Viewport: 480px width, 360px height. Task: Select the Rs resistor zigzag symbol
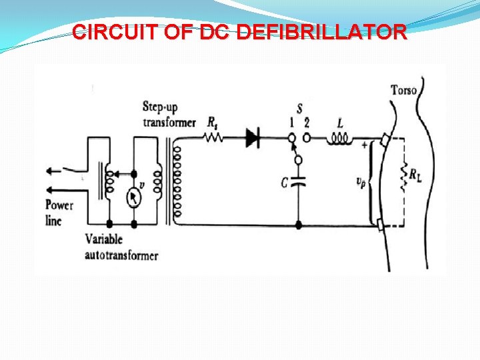click(x=212, y=139)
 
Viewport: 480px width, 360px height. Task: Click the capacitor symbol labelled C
click(x=298, y=181)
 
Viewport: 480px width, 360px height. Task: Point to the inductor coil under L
click(x=339, y=139)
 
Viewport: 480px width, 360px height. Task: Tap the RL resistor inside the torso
click(x=402, y=176)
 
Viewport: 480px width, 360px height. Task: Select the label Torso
click(x=404, y=90)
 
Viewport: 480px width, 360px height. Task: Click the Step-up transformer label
click(x=169, y=114)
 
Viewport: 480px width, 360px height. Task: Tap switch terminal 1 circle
click(x=290, y=139)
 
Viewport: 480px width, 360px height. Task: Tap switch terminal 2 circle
click(x=307, y=139)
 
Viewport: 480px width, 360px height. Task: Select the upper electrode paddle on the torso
click(x=385, y=139)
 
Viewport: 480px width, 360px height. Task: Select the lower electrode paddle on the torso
click(x=380, y=225)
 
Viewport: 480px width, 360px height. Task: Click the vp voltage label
click(x=361, y=181)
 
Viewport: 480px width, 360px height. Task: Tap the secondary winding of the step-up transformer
click(x=177, y=180)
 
